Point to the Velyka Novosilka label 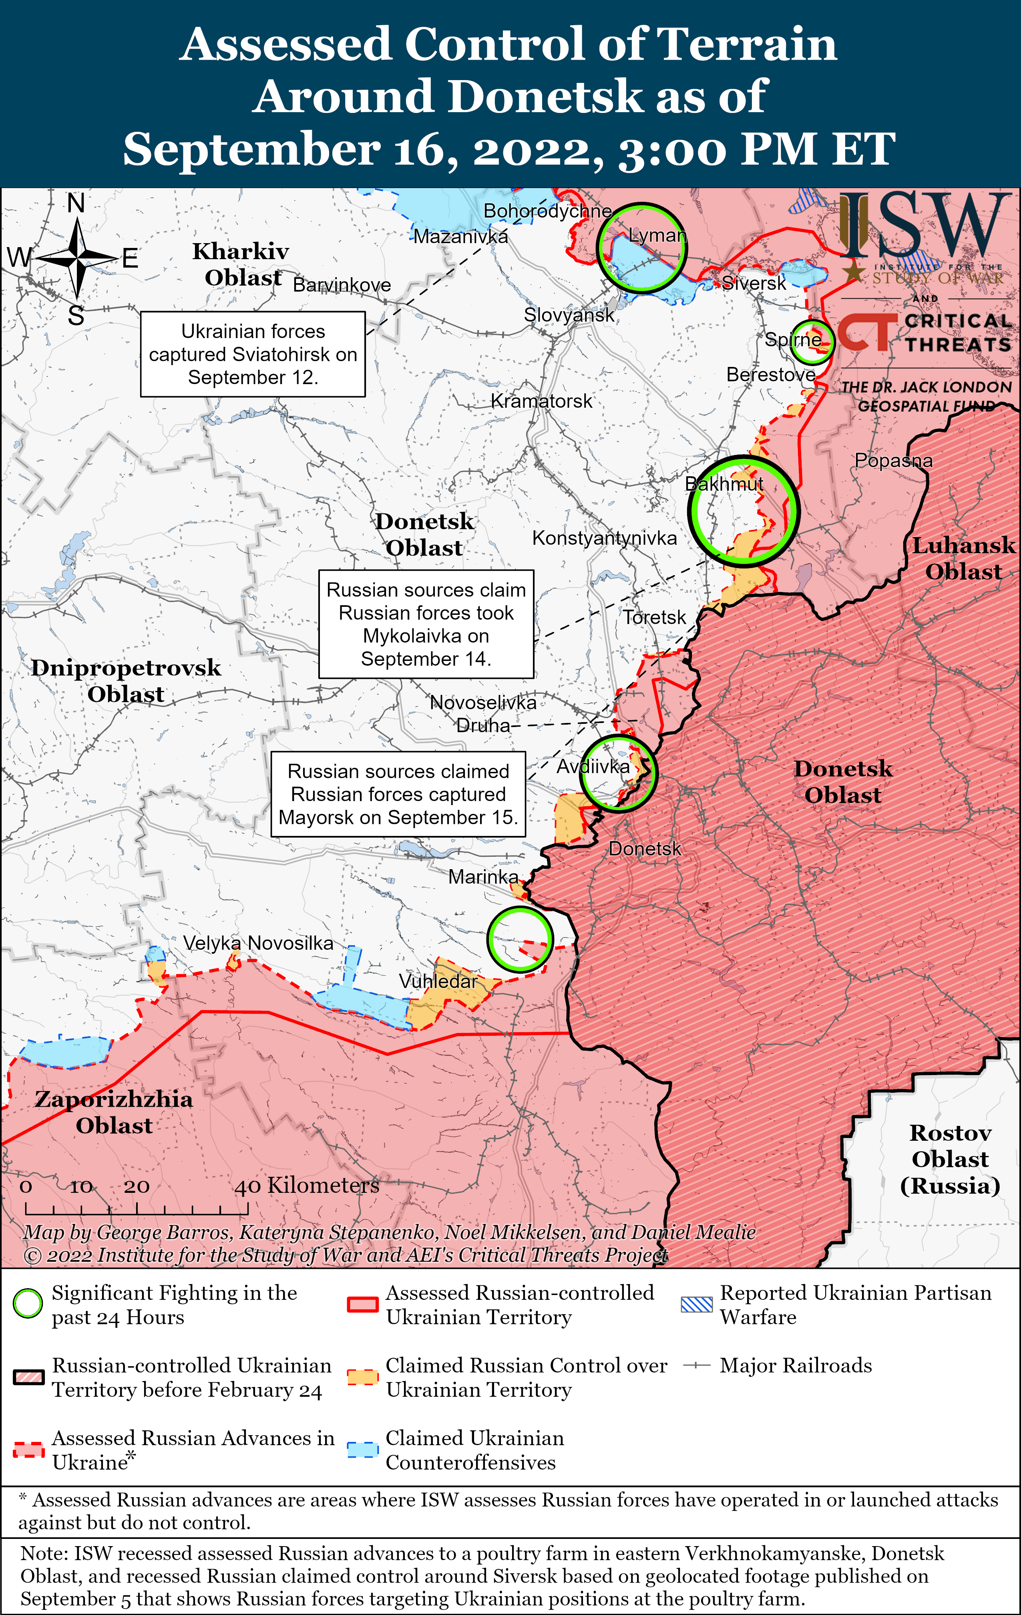[x=258, y=943]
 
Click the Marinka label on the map [x=483, y=876]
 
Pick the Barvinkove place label [x=342, y=285]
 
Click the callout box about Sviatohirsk [x=253, y=354]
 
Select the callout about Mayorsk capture [x=398, y=794]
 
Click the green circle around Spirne [x=812, y=341]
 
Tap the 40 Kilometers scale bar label [x=307, y=1185]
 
